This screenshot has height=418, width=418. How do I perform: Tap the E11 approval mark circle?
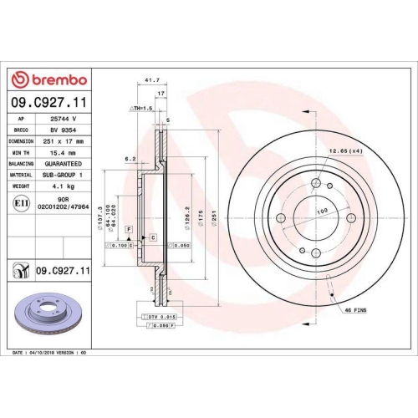tap(20, 202)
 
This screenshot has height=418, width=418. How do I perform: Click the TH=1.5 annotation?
tap(139, 109)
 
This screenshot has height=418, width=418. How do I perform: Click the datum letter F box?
tap(128, 229)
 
